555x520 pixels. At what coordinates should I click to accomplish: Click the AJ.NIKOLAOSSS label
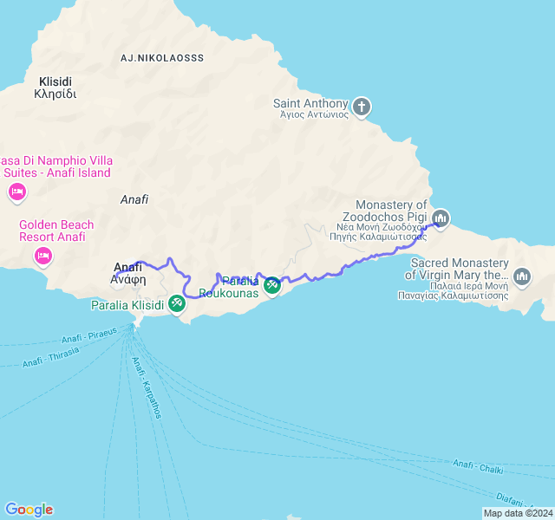pos(162,58)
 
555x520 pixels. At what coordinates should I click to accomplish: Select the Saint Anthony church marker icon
pos(362,107)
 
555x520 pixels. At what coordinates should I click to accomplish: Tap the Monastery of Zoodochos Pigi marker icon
pos(441,218)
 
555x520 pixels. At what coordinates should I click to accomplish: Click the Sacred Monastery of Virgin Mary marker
pos(522,276)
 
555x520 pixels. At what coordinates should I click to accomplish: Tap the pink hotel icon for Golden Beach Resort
pos(42,256)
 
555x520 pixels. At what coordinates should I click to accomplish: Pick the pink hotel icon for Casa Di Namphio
pos(16,192)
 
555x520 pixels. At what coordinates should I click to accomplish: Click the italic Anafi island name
pos(134,199)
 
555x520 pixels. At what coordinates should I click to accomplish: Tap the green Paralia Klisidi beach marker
pos(177,303)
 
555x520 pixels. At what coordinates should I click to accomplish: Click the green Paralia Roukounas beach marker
pos(272,284)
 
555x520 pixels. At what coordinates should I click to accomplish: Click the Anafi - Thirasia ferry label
pos(51,356)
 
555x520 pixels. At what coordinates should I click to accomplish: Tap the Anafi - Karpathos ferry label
pos(146,387)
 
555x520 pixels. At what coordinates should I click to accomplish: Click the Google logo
pos(29,510)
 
